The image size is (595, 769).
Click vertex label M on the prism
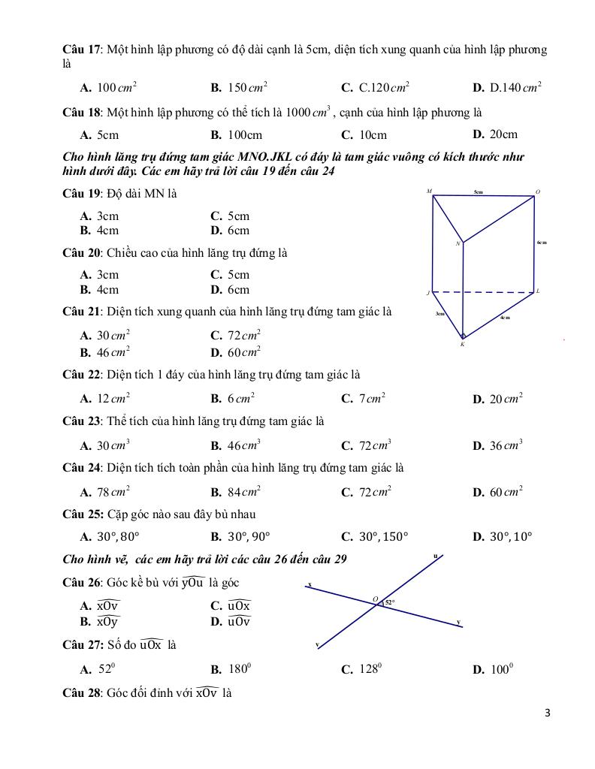429,191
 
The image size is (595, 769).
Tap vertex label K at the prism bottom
462,344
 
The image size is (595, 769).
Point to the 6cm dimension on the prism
542,243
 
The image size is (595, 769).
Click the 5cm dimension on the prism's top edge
479,192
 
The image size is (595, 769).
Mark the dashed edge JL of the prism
482,292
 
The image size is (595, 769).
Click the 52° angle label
389,602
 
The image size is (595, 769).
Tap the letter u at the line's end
436,556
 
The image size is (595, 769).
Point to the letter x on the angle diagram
310,584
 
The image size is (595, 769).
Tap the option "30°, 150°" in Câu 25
383,537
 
